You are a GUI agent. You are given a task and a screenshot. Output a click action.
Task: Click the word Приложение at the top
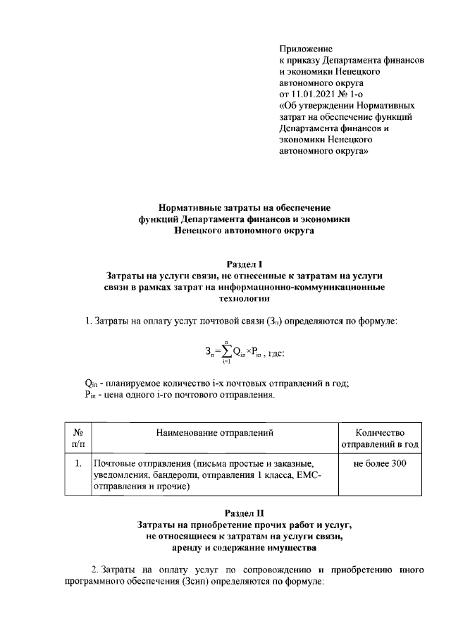coord(305,49)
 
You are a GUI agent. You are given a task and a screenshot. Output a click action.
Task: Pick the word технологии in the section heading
coord(225,298)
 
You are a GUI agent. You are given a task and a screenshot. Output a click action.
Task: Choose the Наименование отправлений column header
coord(214,433)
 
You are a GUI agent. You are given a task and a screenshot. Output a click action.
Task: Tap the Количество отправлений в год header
coord(380,438)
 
